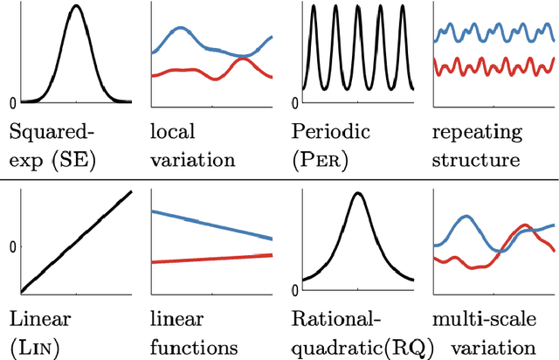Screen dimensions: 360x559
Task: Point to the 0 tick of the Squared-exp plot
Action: pos(12,103)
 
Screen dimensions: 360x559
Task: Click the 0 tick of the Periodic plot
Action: pos(294,103)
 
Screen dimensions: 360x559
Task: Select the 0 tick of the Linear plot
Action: pos(12,247)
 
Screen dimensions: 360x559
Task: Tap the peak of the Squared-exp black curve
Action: pos(76,7)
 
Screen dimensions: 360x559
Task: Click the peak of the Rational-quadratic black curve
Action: pos(357,193)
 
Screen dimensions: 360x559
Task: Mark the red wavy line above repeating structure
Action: pos(493,66)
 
